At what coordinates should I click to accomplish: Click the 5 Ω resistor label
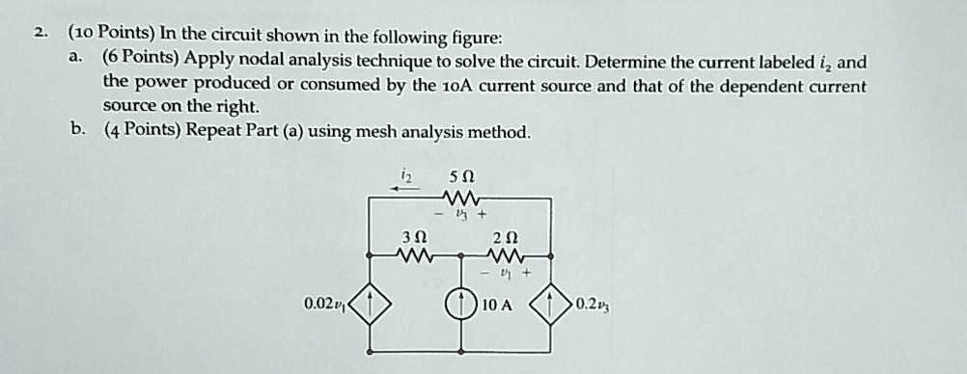click(461, 177)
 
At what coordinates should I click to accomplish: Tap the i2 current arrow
click(406, 189)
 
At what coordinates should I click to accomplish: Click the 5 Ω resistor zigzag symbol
click(461, 198)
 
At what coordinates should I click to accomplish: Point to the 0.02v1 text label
click(323, 306)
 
